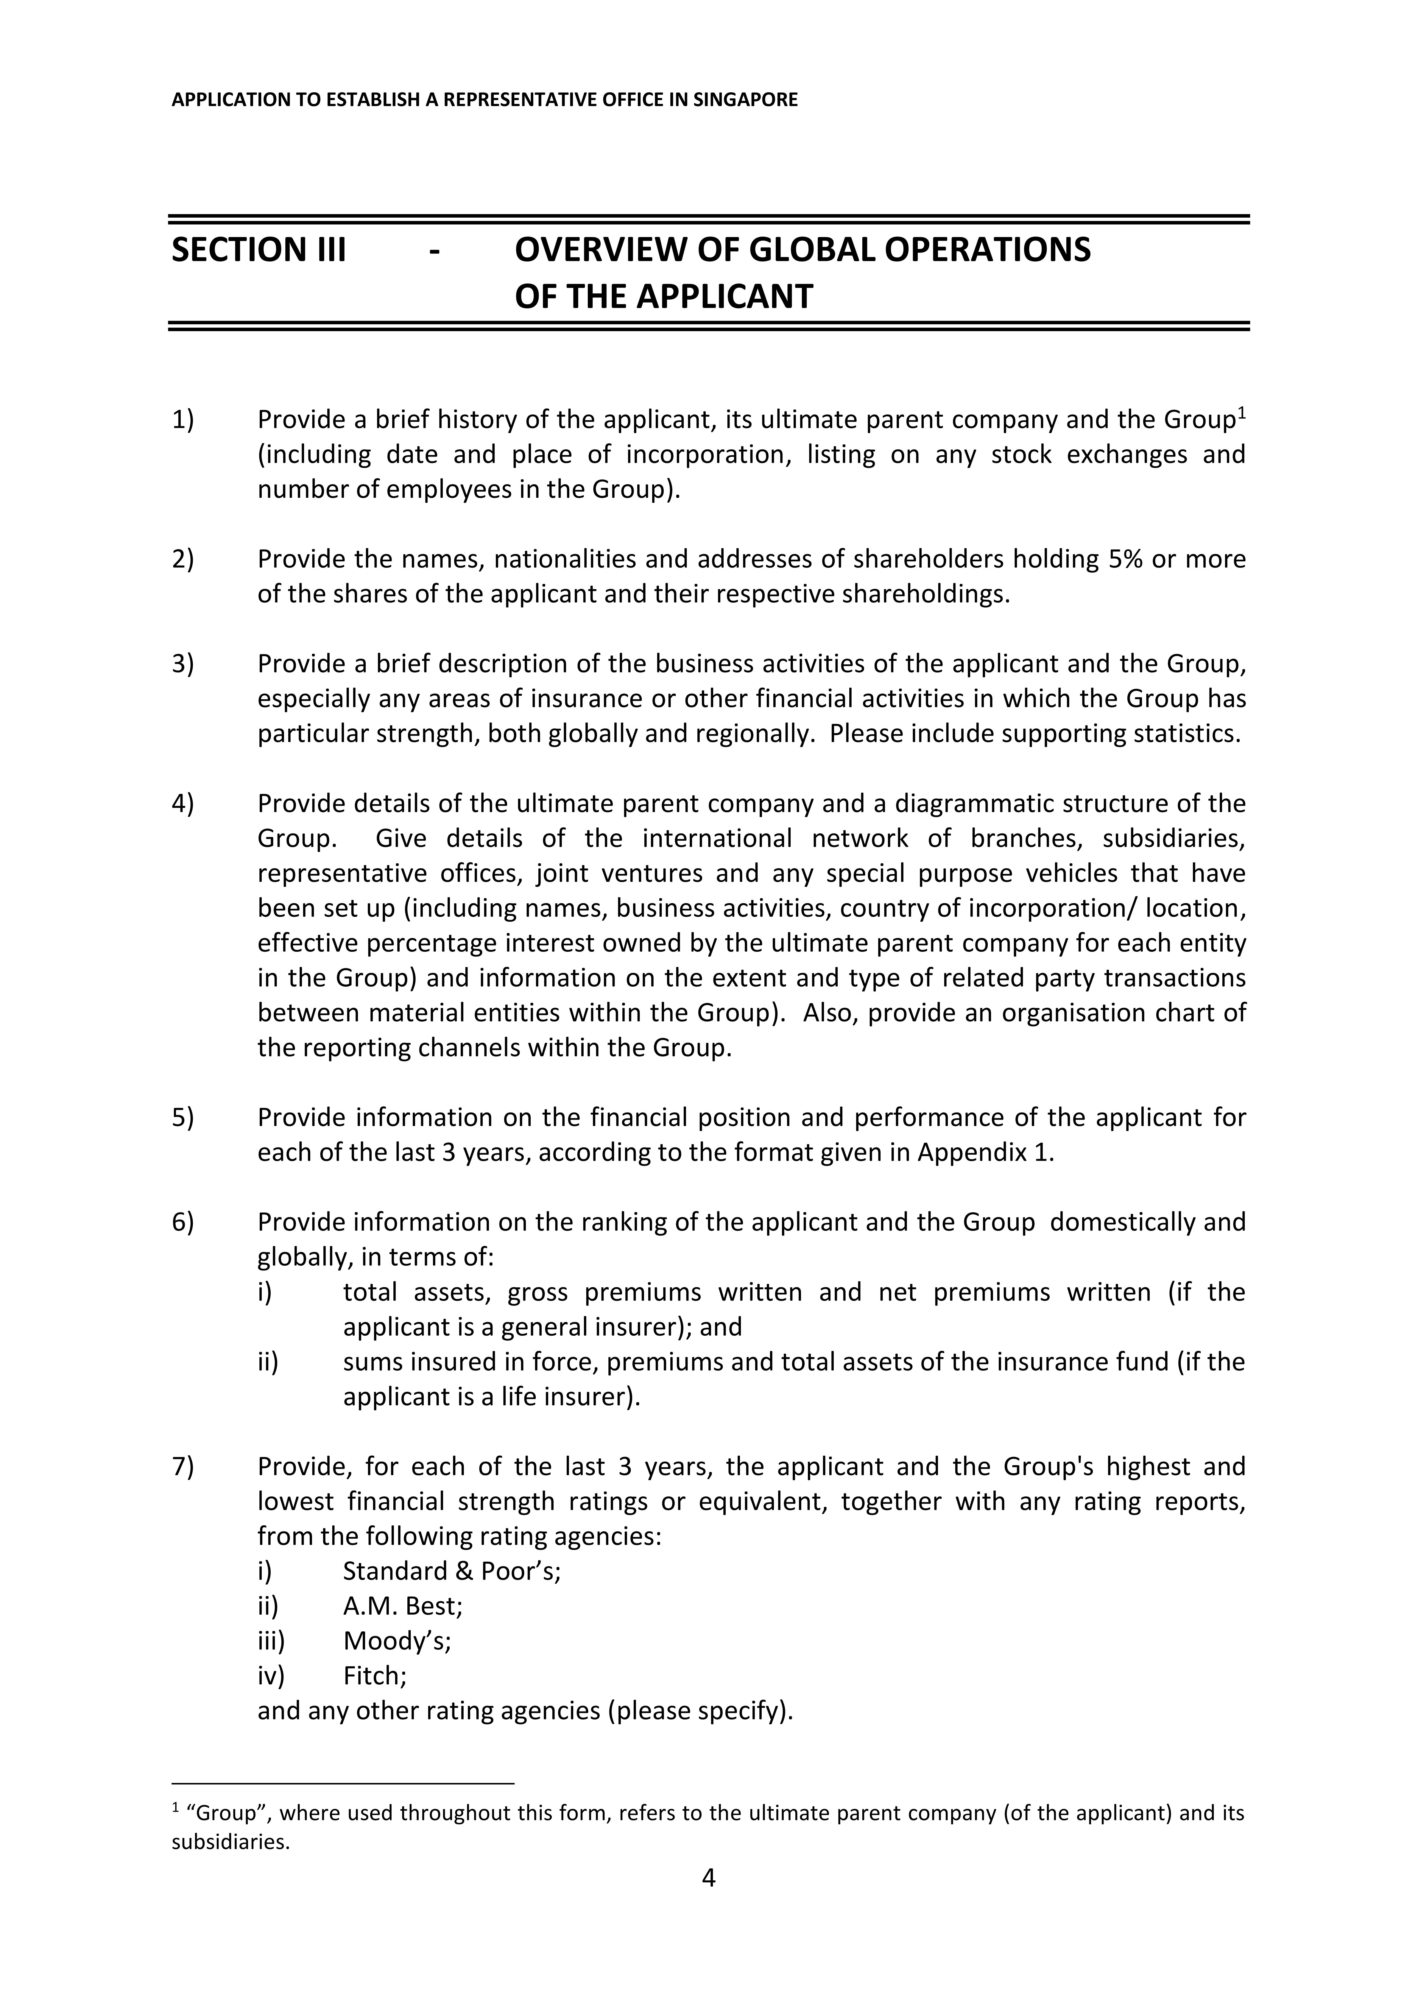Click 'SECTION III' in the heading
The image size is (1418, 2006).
pyautogui.click(x=258, y=250)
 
